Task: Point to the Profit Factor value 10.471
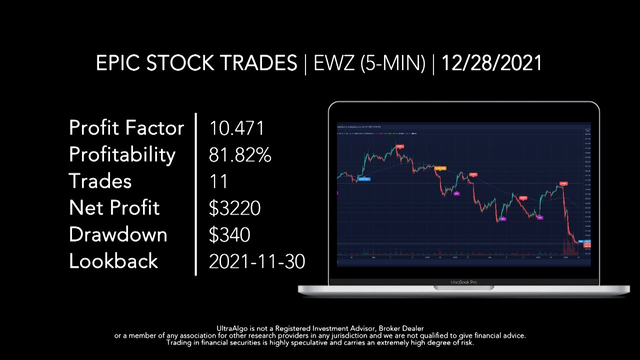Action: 236,128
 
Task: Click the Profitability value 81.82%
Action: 240,155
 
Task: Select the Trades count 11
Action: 218,181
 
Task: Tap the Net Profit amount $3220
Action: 234,208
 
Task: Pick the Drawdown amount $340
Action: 229,234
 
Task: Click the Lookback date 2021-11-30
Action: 257,261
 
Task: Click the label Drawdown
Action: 118,234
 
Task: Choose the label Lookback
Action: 113,261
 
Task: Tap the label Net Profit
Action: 114,208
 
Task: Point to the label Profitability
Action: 122,155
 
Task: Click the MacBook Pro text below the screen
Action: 463,282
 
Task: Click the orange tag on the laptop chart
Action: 440,168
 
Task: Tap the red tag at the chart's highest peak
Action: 399,146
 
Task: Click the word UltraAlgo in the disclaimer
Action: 233,328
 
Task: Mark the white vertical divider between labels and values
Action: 195,194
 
